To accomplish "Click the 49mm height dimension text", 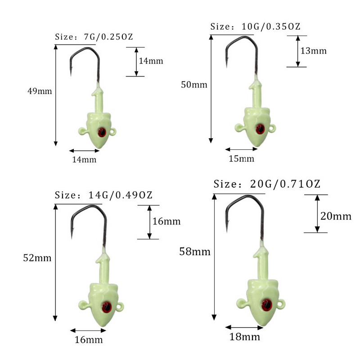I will (40, 91).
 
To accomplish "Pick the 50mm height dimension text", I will (194, 85).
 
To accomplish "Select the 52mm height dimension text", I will (38, 258).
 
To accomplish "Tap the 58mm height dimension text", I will (195, 252).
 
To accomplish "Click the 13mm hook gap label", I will (313, 51).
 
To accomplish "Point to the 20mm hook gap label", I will (336, 216).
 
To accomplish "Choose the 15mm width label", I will (242, 159).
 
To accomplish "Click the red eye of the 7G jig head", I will (102, 132).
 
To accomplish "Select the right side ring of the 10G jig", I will (272, 129).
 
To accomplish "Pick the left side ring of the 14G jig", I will (82, 305).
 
